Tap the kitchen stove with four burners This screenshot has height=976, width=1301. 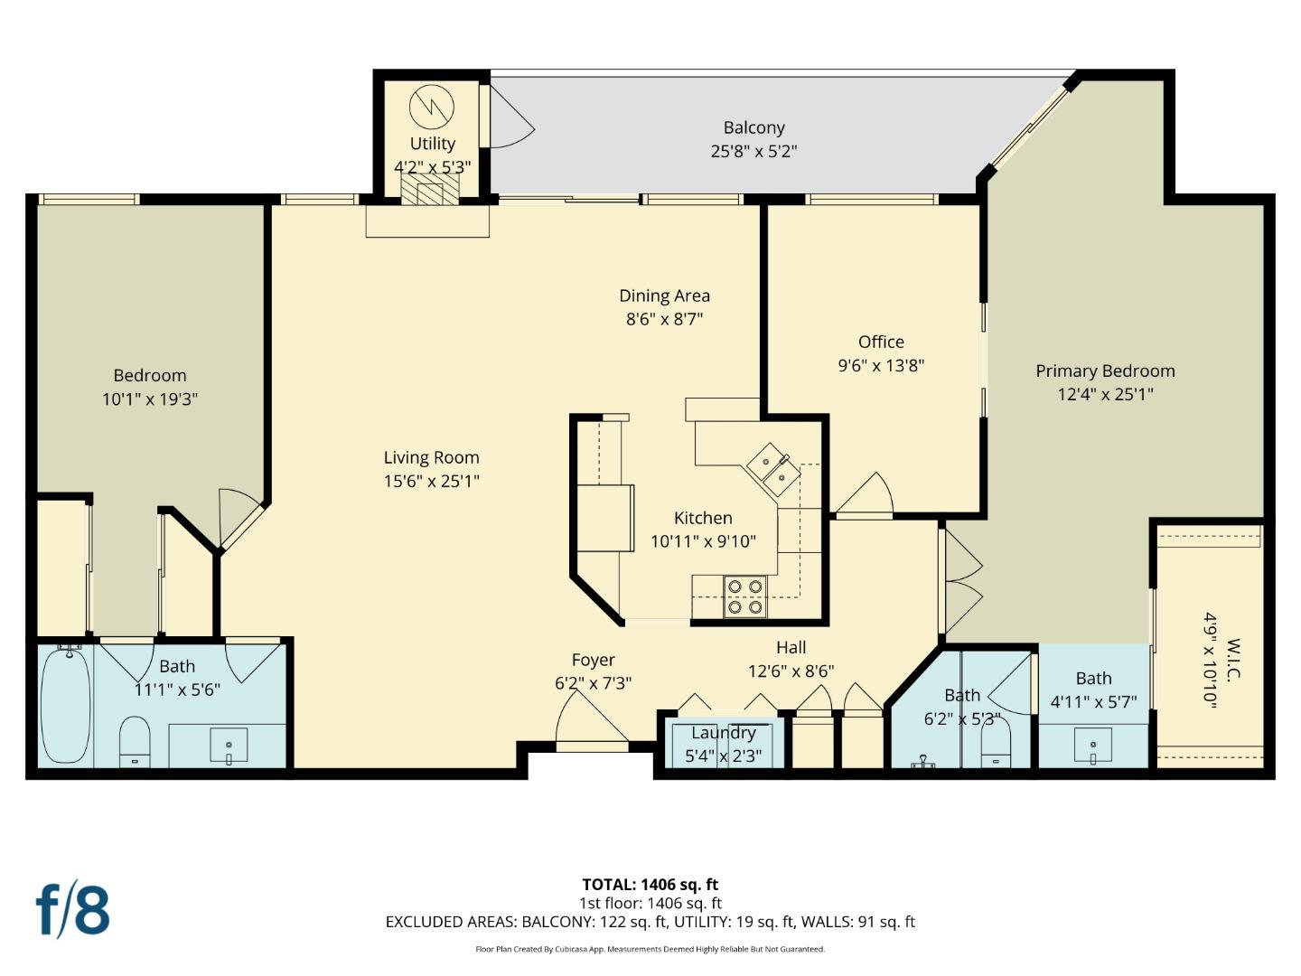(744, 597)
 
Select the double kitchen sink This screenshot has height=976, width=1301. (772, 469)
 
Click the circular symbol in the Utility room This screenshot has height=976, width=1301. (431, 107)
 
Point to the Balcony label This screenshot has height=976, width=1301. (753, 128)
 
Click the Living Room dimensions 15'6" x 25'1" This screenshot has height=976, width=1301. (431, 482)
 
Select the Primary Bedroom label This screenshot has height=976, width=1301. (1104, 371)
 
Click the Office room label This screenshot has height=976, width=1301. (881, 342)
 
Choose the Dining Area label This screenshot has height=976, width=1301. (664, 296)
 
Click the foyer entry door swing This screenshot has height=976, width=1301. (587, 718)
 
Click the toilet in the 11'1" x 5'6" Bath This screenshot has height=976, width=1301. (135, 741)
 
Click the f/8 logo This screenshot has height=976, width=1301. (73, 910)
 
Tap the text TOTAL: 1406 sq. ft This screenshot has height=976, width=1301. (650, 885)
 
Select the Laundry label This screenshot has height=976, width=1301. (723, 733)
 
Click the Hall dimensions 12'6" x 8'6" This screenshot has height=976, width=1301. (791, 671)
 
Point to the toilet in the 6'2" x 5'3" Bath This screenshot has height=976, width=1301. (996, 745)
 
